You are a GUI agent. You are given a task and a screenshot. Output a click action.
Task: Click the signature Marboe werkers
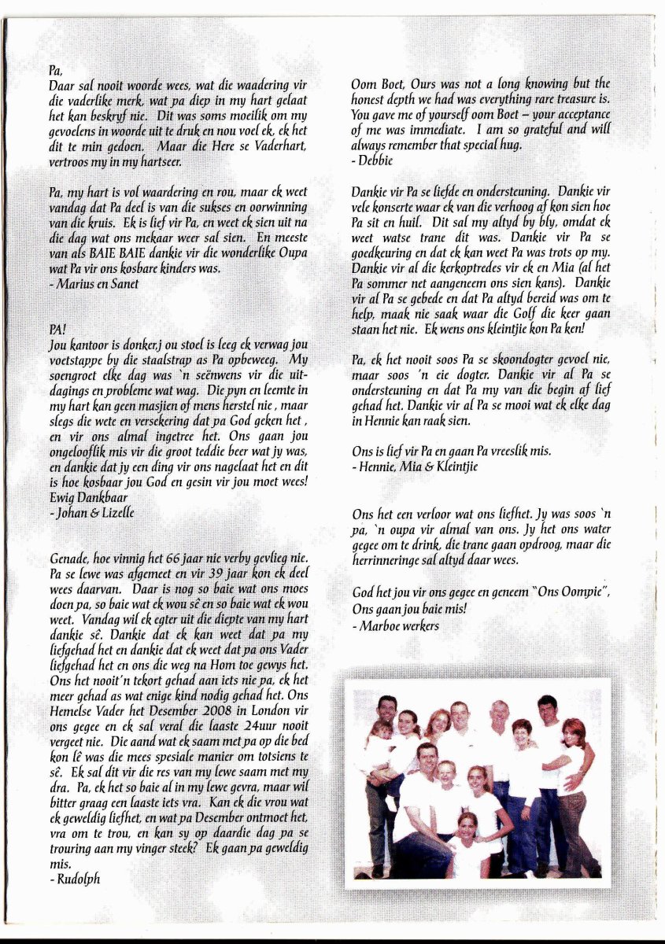pos(397,625)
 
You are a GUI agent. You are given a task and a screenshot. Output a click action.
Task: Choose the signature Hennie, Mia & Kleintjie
pos(416,466)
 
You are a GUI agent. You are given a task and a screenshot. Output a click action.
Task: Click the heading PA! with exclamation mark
pos(57,330)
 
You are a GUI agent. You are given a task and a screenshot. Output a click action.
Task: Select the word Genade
pos(71,560)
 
